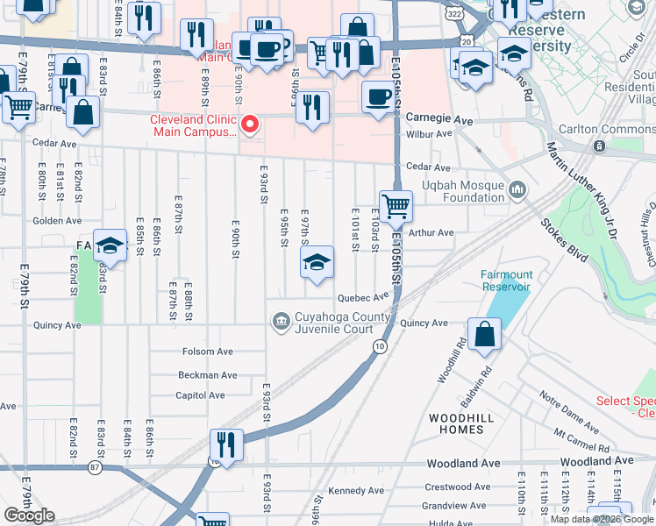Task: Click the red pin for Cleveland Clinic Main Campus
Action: pos(250,124)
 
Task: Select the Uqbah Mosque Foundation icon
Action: pos(517,188)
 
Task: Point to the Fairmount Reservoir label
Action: pos(506,281)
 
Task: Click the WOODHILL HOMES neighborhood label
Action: pos(455,423)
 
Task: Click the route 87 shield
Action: pos(95,468)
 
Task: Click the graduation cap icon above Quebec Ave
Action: pos(317,261)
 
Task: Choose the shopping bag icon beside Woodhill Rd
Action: pos(484,333)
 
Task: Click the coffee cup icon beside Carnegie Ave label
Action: pos(378,96)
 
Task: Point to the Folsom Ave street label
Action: pos(208,352)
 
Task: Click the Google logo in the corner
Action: pos(29,515)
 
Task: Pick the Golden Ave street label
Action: pos(57,221)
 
